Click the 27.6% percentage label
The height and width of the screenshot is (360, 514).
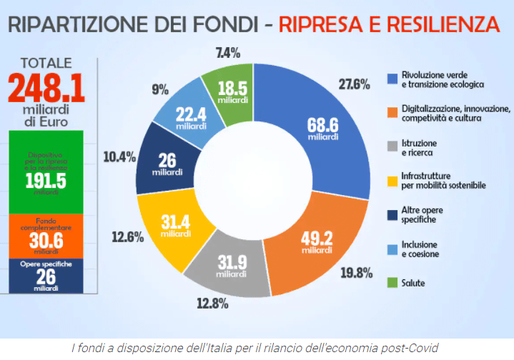354,85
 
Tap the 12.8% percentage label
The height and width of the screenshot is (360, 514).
212,304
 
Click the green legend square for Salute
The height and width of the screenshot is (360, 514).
392,283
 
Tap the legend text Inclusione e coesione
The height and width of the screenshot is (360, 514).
420,249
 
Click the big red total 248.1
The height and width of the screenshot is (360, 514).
46,89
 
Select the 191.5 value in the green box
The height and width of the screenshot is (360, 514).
46,181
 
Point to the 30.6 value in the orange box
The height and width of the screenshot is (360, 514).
46,241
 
